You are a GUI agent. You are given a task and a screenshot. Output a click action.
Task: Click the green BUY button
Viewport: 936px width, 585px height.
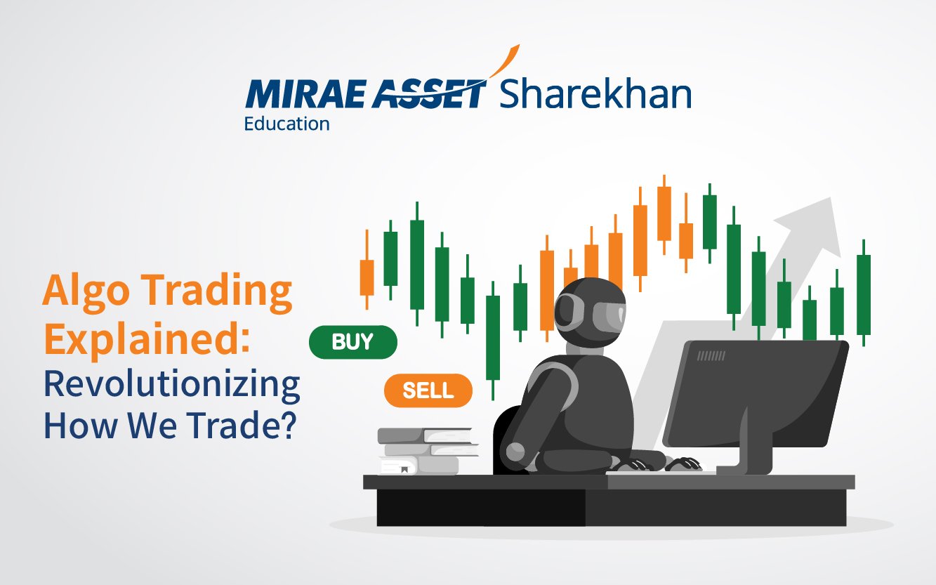pos(353,342)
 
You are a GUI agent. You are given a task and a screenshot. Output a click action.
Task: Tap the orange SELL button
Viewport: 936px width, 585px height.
pos(428,390)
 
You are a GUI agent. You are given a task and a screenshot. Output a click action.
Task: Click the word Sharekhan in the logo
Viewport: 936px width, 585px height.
pos(595,93)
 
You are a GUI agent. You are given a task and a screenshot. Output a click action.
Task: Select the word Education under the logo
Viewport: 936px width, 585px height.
pos(286,124)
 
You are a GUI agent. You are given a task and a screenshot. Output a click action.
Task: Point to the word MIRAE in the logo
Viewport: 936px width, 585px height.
pos(305,93)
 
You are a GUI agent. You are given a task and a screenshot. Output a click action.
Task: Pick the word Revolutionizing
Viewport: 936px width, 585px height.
pos(172,386)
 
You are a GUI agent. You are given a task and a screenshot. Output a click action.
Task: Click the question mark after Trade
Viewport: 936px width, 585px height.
pos(287,424)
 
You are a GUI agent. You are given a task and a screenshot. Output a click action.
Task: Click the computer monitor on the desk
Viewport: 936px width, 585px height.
pos(754,405)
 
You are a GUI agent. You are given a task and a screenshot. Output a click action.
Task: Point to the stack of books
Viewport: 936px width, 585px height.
pos(428,452)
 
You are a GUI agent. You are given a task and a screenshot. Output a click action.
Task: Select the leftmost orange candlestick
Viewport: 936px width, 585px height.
pos(367,270)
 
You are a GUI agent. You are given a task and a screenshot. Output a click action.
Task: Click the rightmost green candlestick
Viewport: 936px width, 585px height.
pos(864,292)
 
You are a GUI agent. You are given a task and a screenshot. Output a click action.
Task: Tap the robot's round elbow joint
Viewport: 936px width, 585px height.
pos(515,452)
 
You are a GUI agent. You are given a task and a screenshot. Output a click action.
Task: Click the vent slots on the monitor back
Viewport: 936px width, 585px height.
pos(711,355)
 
